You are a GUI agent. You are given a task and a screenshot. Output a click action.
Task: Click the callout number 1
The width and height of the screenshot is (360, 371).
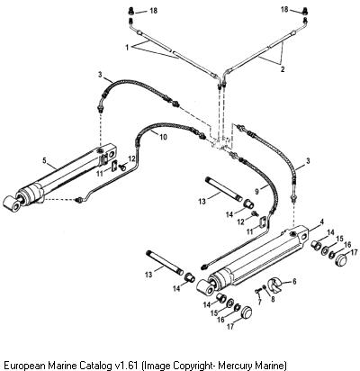[127, 48]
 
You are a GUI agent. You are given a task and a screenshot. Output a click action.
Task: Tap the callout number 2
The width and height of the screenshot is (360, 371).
[283, 69]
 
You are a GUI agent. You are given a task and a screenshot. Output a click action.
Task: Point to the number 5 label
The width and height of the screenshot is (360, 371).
[44, 160]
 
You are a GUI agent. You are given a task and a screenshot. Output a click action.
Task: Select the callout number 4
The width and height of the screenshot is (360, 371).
[322, 222]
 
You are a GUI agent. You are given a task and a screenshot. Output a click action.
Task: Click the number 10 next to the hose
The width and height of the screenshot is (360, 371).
[163, 137]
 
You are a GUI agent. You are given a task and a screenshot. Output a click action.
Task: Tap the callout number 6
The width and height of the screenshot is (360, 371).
[294, 282]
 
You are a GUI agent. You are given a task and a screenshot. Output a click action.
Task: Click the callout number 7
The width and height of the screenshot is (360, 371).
[259, 302]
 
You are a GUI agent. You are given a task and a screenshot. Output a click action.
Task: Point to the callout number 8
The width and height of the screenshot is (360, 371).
[272, 299]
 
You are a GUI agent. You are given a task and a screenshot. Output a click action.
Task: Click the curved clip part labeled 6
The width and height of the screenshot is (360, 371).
[276, 285]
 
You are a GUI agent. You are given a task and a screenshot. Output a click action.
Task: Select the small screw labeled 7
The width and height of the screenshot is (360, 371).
[257, 291]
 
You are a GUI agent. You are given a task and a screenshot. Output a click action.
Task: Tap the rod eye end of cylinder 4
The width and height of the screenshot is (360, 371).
[207, 286]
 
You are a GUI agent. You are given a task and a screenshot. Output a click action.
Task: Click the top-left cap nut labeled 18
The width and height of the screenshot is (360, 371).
[130, 12]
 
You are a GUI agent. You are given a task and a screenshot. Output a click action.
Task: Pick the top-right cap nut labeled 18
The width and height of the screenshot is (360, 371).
[305, 12]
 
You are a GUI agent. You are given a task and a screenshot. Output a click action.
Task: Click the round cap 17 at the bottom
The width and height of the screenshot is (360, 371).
[247, 312]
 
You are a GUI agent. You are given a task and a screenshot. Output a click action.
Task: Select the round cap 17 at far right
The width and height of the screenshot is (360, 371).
[341, 258]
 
